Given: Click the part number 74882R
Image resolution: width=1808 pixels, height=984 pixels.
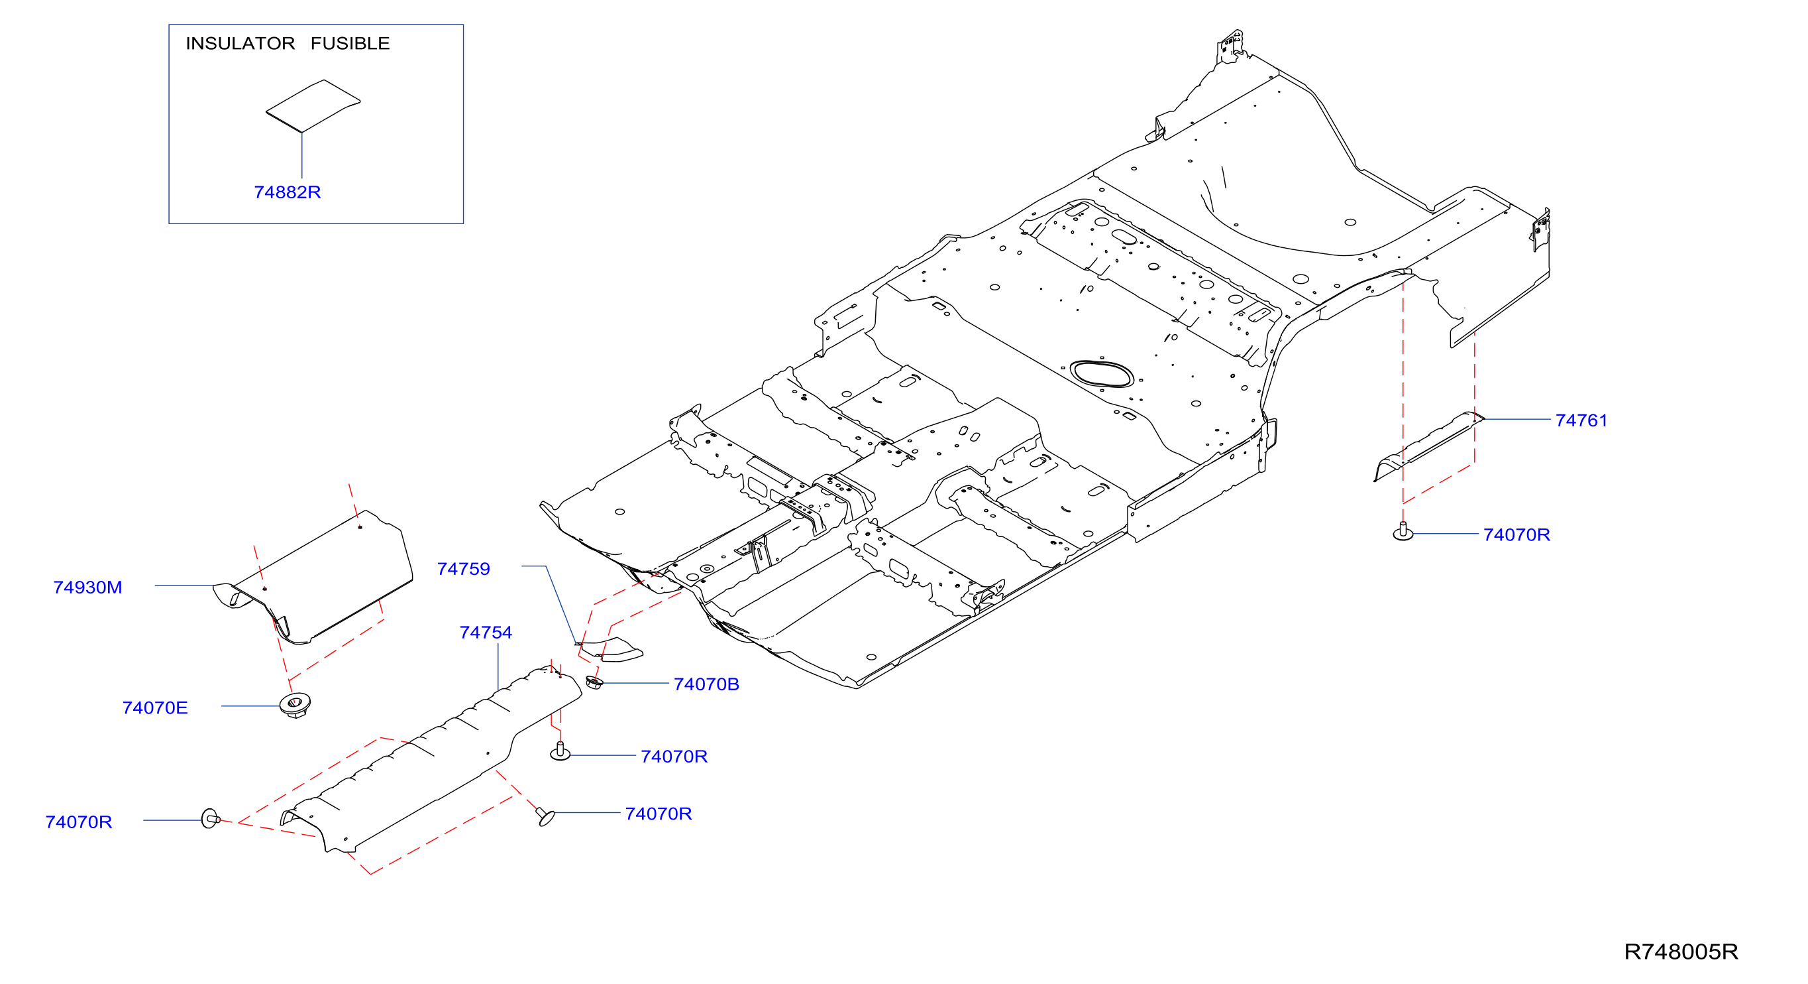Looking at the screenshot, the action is tap(287, 192).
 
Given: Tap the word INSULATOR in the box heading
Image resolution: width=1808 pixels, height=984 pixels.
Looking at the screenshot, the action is tap(240, 44).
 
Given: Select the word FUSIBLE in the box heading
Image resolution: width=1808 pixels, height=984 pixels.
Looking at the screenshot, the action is tap(350, 44).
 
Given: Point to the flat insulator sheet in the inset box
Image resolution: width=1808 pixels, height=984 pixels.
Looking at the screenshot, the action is tap(313, 106).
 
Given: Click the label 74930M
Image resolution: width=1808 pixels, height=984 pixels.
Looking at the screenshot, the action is tap(87, 587).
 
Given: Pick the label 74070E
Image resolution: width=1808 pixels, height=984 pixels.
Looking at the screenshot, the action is tap(155, 707).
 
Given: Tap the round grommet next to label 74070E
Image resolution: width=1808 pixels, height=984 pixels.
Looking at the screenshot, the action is tap(295, 704).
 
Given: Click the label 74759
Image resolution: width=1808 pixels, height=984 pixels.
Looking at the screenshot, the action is tap(463, 569).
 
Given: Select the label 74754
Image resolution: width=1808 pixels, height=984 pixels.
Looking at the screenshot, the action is tap(486, 632).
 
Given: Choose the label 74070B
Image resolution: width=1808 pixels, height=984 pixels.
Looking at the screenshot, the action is tap(706, 684).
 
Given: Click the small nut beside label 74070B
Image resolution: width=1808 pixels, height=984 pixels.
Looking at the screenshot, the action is tap(594, 682).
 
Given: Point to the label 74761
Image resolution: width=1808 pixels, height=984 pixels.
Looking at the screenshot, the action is tap(1581, 420).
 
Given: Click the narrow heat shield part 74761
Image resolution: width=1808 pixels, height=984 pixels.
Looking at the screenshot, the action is tap(1428, 447).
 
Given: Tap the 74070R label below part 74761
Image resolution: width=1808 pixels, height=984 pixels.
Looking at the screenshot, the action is tap(1516, 534).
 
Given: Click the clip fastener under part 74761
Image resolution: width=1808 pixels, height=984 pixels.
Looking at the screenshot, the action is tap(1403, 532).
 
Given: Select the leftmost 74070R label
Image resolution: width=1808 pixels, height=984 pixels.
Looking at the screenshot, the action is tap(79, 822).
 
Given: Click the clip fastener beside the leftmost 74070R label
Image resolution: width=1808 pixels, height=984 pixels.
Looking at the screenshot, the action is tap(210, 818).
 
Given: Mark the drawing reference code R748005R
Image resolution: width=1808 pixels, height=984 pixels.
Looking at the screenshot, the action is tap(1680, 952).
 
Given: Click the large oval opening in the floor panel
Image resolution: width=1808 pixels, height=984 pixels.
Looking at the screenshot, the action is tap(1100, 374).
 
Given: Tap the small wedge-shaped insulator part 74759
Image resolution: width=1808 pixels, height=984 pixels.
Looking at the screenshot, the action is tap(610, 650).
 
